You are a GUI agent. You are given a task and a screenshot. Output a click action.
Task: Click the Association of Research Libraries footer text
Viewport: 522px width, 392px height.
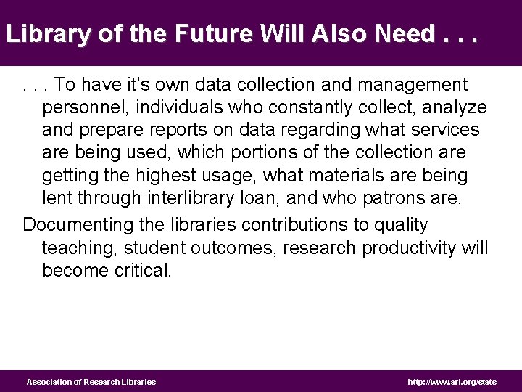91,382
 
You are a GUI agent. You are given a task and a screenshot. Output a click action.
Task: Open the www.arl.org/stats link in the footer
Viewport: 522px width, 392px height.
452,382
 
